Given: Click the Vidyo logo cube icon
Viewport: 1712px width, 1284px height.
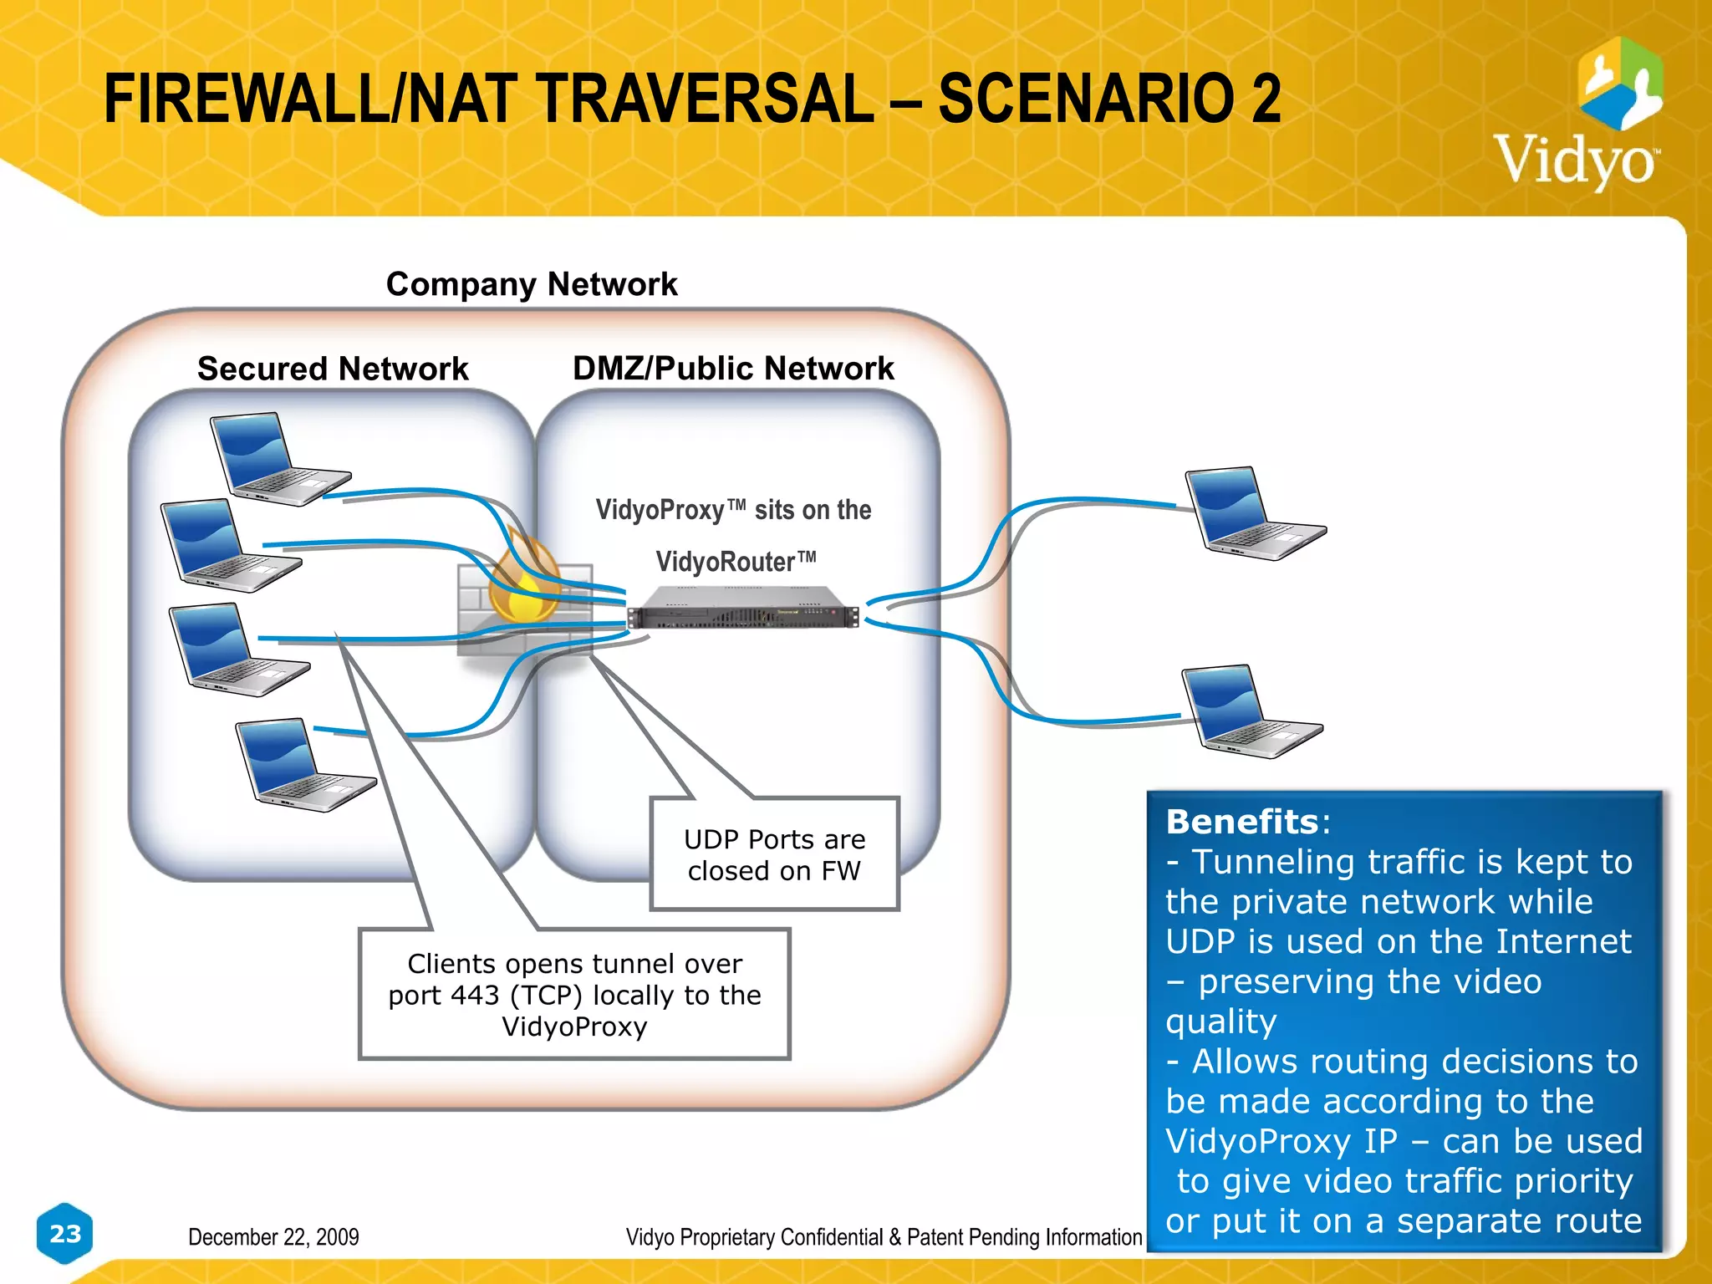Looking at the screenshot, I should coord(1619,84).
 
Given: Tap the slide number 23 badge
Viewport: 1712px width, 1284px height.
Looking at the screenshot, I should coord(65,1233).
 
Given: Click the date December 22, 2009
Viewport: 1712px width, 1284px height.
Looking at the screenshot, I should coord(273,1236).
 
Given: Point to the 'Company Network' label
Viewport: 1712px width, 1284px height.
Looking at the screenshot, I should coord(532,284).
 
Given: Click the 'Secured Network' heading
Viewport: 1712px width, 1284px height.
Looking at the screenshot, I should coord(333,369).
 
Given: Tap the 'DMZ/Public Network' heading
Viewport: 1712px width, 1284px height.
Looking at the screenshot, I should coord(733,368).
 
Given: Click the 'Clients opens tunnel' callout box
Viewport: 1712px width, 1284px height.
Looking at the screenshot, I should coord(574,994).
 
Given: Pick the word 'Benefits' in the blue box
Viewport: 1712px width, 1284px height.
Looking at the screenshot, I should coord(1241,822).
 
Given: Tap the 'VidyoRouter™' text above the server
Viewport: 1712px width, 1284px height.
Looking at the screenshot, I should coord(735,562).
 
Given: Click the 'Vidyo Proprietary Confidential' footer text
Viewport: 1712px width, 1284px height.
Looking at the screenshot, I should coord(884,1236).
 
